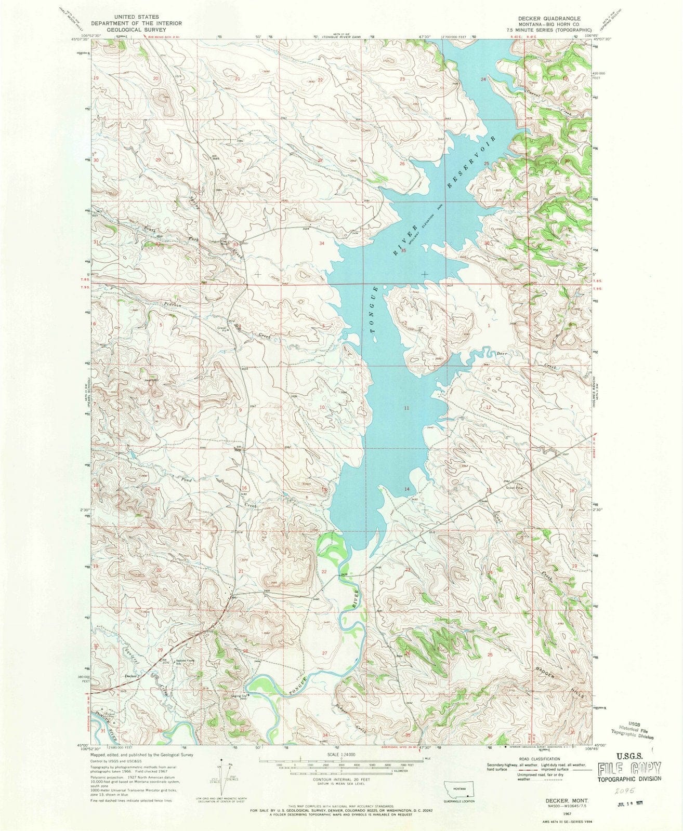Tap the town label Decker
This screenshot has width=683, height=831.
[130, 676]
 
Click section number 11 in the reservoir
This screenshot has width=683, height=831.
[406, 408]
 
